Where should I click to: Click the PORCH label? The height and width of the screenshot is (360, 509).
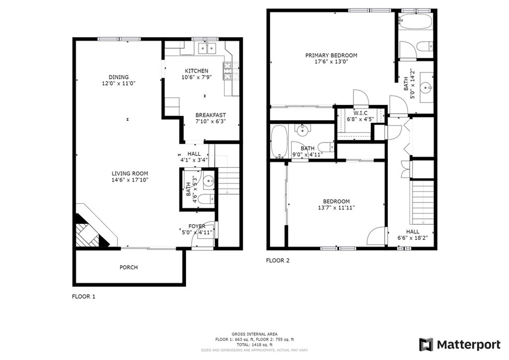point(129,267)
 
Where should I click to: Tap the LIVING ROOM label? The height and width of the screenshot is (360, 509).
point(130,174)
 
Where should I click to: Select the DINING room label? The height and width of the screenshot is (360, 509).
point(118,77)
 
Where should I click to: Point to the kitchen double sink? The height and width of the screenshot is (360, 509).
point(207,48)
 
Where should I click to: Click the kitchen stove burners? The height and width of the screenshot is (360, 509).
point(231,71)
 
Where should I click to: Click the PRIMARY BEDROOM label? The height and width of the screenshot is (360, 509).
point(331,56)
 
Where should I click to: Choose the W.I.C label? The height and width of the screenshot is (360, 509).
point(360,113)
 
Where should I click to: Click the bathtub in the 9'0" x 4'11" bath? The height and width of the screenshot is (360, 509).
point(279,142)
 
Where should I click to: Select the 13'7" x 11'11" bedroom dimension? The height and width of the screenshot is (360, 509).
point(337,207)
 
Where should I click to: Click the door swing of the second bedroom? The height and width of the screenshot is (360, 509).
point(377,236)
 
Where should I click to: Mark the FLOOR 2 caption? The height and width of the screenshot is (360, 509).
point(277,261)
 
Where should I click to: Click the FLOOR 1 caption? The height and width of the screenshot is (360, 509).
point(84,296)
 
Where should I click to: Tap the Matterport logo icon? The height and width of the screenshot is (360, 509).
point(426,345)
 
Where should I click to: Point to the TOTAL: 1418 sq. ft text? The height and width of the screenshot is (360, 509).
point(254,345)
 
